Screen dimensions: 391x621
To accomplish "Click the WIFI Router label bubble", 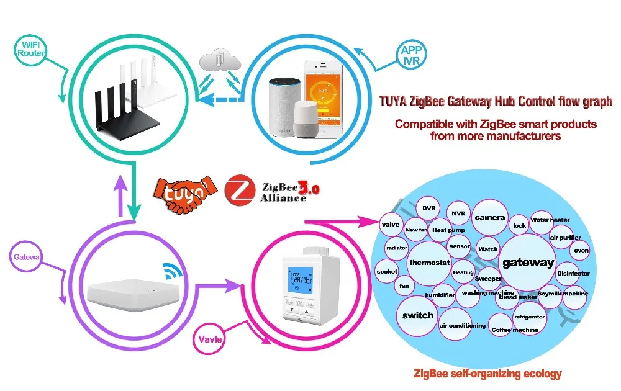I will pyautogui.click(x=30, y=49).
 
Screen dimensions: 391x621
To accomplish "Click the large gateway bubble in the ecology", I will pyautogui.click(x=527, y=263).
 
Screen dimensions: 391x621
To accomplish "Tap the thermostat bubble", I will pyautogui.click(x=429, y=263).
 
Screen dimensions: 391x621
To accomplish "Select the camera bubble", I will pyautogui.click(x=489, y=218).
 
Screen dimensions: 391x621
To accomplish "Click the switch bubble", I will pyautogui.click(x=418, y=315).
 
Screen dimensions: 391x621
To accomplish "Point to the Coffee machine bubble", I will pyautogui.click(x=514, y=329).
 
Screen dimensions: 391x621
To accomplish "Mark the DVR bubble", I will pyautogui.click(x=429, y=209).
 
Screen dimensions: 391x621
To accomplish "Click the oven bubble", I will pyautogui.click(x=581, y=251).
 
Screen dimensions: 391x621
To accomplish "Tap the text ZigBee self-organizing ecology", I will pyautogui.click(x=487, y=374).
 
